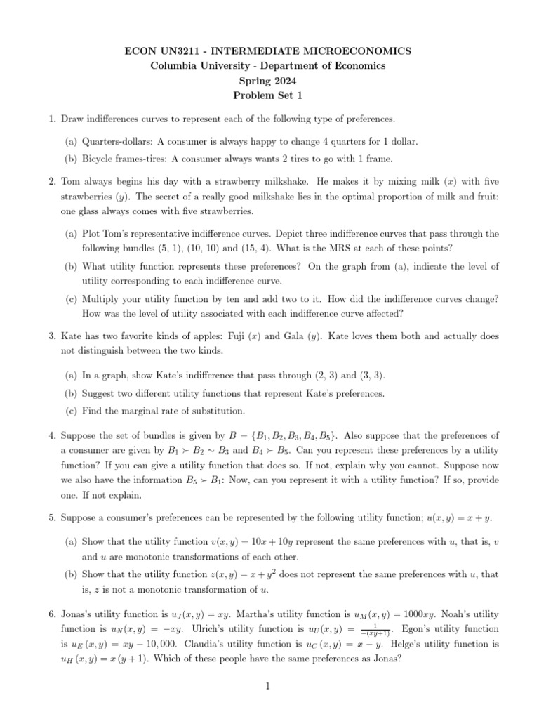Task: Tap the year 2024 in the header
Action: [286, 81]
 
